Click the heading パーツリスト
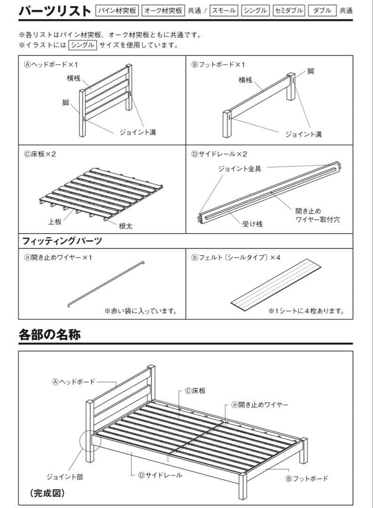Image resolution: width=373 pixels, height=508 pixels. pyautogui.click(x=55, y=10)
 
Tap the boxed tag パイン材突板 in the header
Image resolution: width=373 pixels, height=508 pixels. pyautogui.click(x=117, y=10)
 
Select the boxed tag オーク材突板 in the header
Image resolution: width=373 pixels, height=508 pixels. pyautogui.click(x=163, y=10)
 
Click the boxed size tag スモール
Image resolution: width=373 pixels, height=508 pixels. pyautogui.click(x=224, y=10)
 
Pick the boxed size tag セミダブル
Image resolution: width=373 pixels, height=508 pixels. pyautogui.click(x=289, y=10)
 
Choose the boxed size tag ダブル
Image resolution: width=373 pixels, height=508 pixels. pyautogui.click(x=322, y=10)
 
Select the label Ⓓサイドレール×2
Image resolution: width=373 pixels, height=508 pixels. pyautogui.click(x=219, y=154)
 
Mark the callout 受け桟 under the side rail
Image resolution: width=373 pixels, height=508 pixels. pyautogui.click(x=252, y=224)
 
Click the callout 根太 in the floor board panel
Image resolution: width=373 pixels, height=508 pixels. pyautogui.click(x=126, y=226)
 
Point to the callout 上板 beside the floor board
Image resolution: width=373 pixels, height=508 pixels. pyautogui.click(x=54, y=222)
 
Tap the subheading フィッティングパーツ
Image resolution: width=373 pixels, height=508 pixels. pyautogui.click(x=62, y=241)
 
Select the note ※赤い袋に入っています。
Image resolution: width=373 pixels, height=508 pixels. pyautogui.click(x=141, y=311)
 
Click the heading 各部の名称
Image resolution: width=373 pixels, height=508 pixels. pyautogui.click(x=49, y=334)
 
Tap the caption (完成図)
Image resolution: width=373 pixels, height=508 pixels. pyautogui.click(x=48, y=493)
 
